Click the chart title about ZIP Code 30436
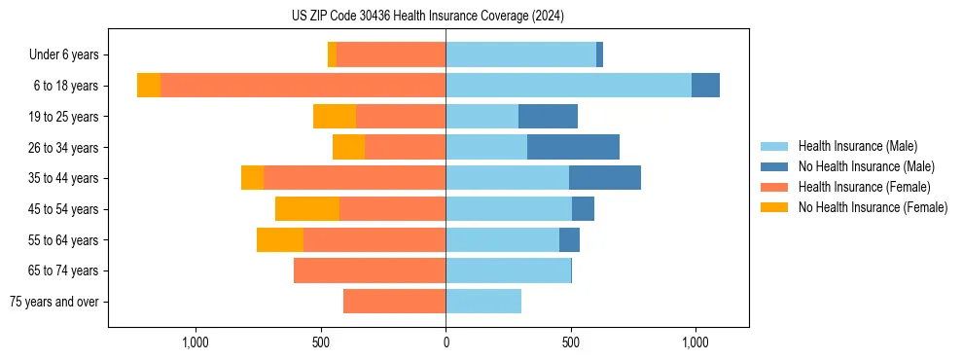coord(427,17)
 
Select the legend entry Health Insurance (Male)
coord(857,146)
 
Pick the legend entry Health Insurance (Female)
coord(864,187)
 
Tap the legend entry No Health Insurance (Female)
coord(873,207)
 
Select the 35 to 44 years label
coord(65,178)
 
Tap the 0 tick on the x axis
coord(446,342)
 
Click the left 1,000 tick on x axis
coord(196,342)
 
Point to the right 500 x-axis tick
coord(571,342)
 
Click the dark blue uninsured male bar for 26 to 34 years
coord(573,147)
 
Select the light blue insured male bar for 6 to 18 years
coord(568,86)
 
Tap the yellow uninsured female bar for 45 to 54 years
coord(307,209)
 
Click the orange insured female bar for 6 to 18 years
coord(303,86)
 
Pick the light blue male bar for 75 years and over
coord(483,302)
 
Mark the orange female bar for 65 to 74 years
coord(370,270)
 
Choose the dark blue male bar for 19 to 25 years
coord(548,117)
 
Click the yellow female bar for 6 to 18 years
coord(149,86)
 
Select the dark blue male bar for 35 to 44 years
coord(605,178)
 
